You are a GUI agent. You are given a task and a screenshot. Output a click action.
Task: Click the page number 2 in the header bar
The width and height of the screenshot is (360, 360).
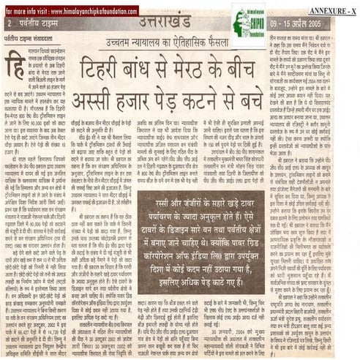pyautogui.click(x=10, y=25)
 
